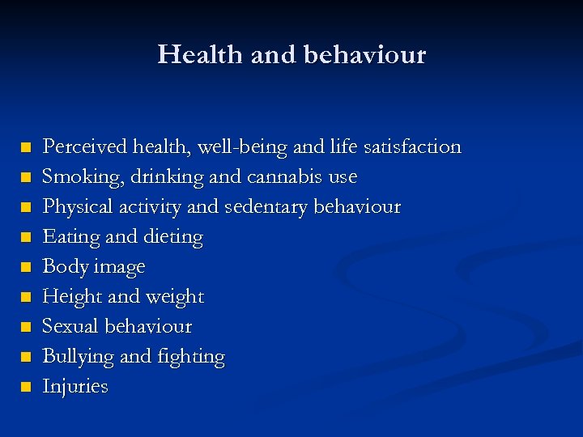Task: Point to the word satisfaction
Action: (x=412, y=146)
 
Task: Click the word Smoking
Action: (x=76, y=176)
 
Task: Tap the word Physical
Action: (x=72, y=206)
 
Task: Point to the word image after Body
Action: (x=119, y=267)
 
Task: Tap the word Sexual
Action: (x=70, y=326)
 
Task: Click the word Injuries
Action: (x=74, y=387)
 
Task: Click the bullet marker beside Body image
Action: (x=27, y=267)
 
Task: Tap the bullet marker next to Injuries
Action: (x=27, y=387)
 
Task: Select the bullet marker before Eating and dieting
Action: (x=27, y=237)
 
